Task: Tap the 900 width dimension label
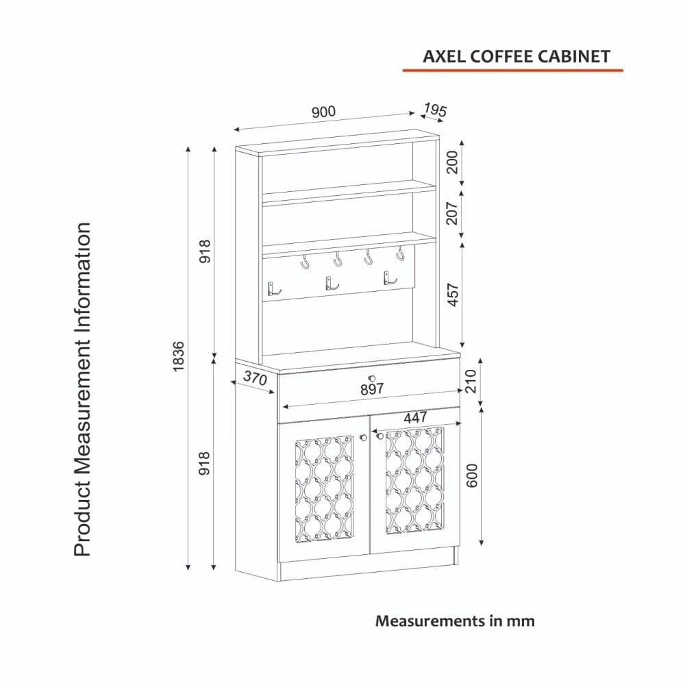[324, 112]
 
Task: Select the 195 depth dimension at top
[435, 110]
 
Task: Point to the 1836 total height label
[179, 356]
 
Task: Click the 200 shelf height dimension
[453, 162]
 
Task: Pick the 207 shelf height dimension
[453, 213]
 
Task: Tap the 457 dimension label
[453, 295]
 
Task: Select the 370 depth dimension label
[255, 377]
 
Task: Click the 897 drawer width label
[372, 388]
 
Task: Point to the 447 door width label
[416, 418]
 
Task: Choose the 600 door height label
[472, 476]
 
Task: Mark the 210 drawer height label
[471, 381]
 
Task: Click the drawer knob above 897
[372, 378]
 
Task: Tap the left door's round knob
[363, 437]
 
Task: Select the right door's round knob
[380, 436]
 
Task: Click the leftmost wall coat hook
[273, 289]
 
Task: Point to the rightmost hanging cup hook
[400, 253]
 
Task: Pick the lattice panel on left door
[325, 488]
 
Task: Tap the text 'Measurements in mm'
[455, 621]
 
